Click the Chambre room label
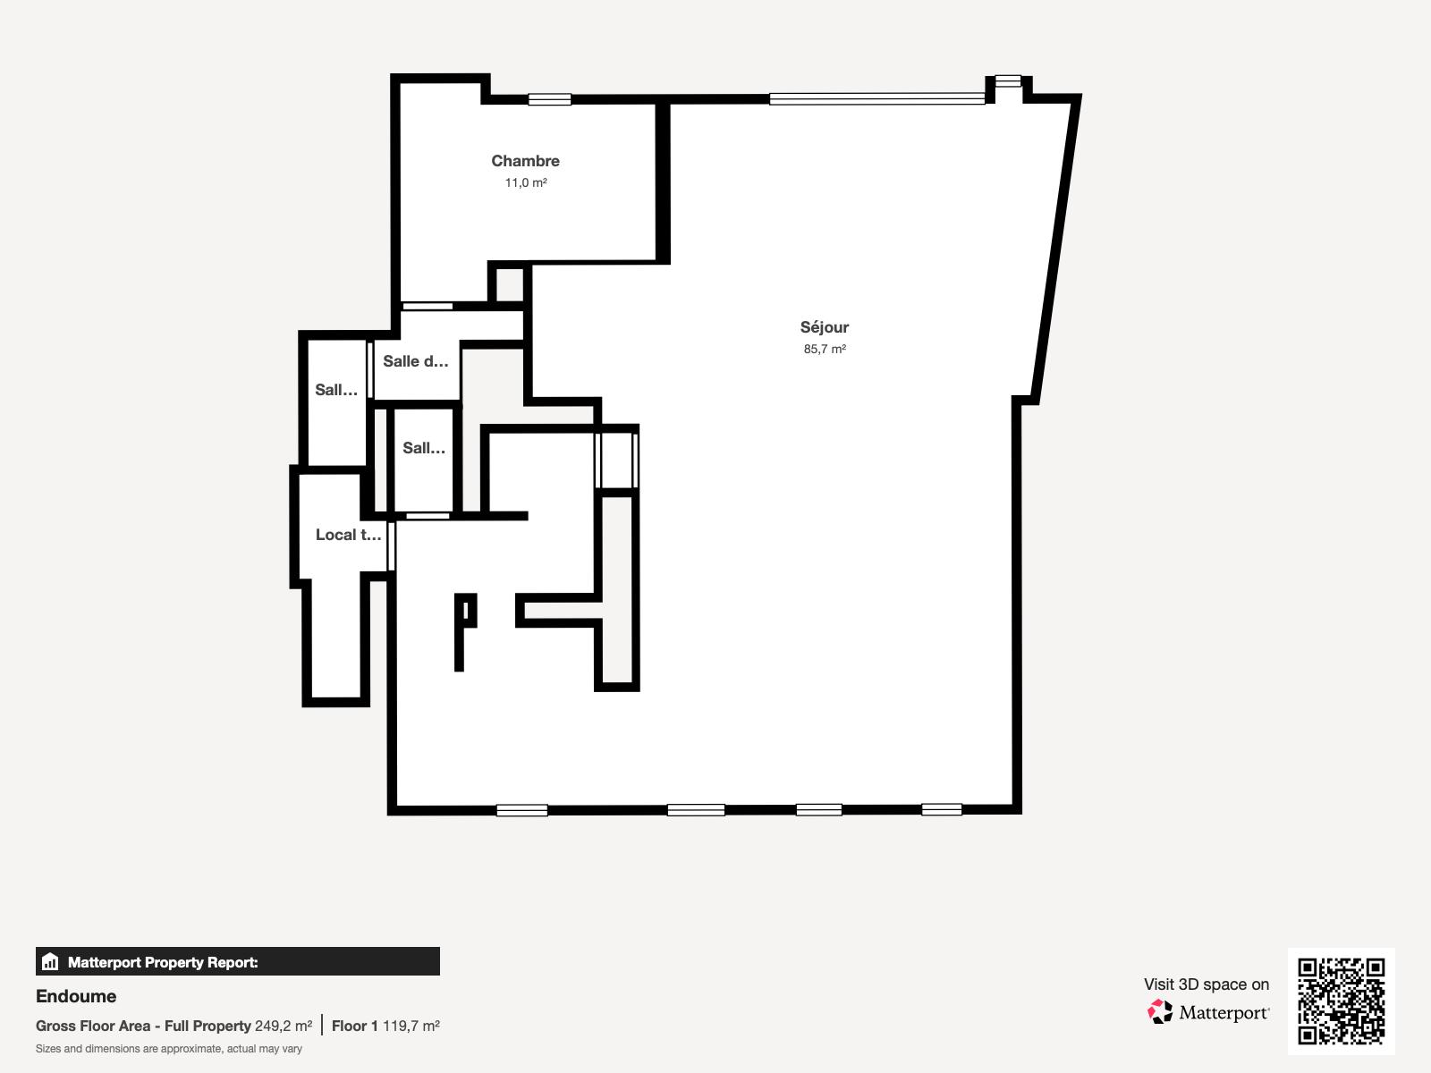(x=525, y=161)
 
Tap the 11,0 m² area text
(x=526, y=182)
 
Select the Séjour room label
(x=824, y=327)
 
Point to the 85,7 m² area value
(x=825, y=349)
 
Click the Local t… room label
(x=348, y=535)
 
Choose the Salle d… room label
(x=415, y=361)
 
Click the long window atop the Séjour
(x=876, y=99)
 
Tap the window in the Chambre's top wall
(x=549, y=99)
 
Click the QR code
(x=1341, y=1001)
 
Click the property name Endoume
(x=76, y=996)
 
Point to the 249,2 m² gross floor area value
(x=284, y=1026)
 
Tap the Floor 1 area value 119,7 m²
(x=411, y=1026)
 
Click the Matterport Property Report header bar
(x=238, y=962)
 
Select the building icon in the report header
(x=50, y=962)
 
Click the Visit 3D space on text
(x=1206, y=984)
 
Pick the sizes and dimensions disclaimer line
(x=169, y=1049)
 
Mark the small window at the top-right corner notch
(x=1008, y=80)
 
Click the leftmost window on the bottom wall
(x=521, y=810)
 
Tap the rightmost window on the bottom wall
(x=942, y=809)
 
